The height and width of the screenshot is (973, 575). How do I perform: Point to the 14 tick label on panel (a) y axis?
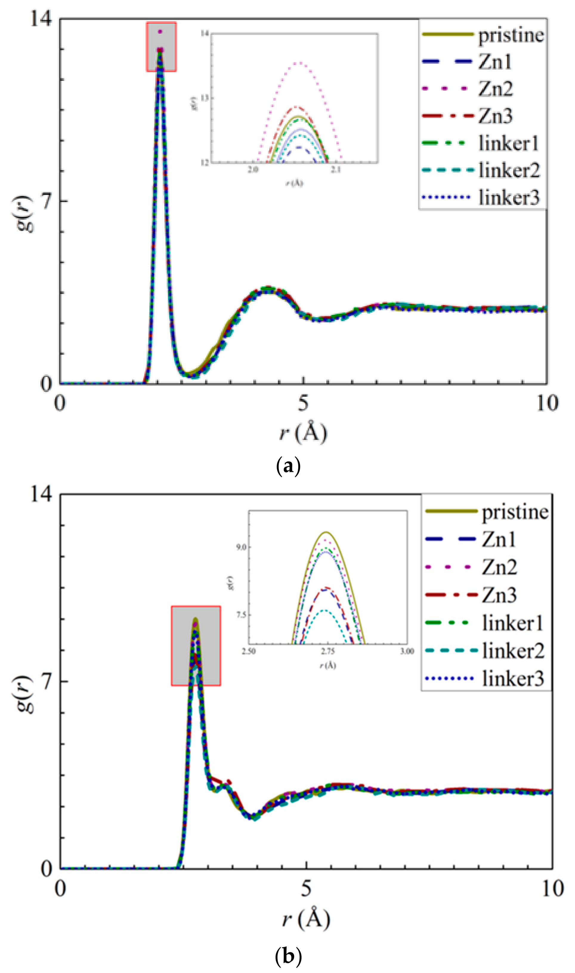(40, 18)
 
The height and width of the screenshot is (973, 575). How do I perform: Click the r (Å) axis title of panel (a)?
(303, 432)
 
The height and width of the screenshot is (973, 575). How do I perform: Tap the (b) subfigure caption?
(288, 954)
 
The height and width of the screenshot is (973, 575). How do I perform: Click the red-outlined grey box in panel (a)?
(161, 47)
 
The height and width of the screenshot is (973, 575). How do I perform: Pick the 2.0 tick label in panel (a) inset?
(253, 170)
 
